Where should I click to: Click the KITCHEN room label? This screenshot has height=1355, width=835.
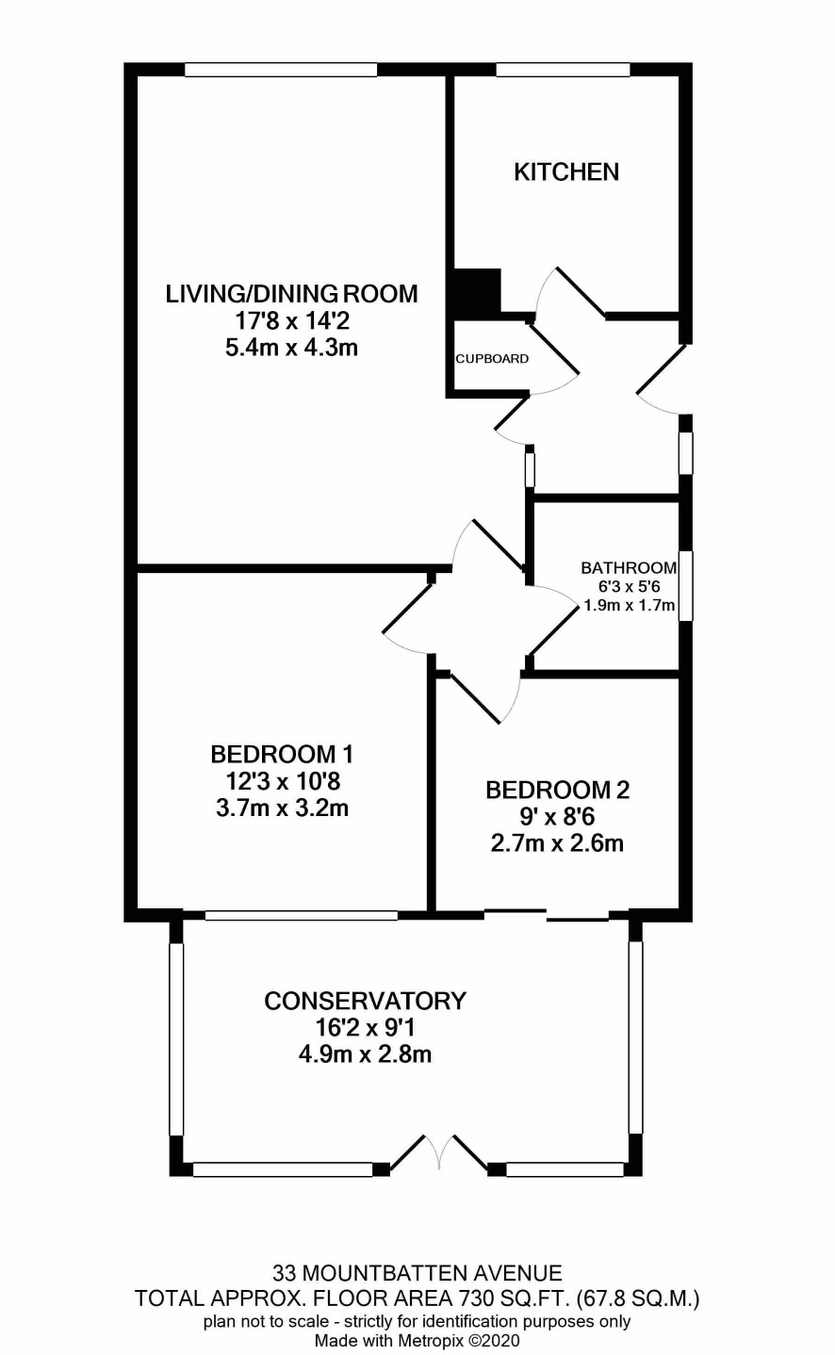[x=566, y=171]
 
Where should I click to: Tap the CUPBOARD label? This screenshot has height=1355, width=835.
[x=492, y=359]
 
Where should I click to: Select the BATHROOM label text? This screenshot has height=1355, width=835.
[x=629, y=568]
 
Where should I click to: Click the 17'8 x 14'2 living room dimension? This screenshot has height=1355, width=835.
[x=292, y=320]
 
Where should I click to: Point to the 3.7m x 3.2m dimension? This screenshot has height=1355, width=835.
[x=282, y=808]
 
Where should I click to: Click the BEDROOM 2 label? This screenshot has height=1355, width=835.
[x=557, y=790]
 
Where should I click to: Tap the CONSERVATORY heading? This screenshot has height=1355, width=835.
[x=365, y=1001]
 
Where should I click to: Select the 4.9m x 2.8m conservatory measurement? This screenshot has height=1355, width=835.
[x=365, y=1054]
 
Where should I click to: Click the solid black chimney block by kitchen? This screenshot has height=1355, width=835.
[x=478, y=293]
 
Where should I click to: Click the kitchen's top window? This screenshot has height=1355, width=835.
[x=564, y=70]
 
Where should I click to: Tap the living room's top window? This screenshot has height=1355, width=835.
[x=281, y=70]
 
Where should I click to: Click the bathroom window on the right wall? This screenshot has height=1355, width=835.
[x=685, y=585]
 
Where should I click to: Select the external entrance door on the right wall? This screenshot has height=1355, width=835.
[x=662, y=380]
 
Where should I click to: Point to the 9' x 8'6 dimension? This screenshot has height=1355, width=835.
[x=557, y=817]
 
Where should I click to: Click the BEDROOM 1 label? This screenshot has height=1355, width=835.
[x=282, y=755]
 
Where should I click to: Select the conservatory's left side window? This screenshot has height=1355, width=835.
[x=176, y=1039]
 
